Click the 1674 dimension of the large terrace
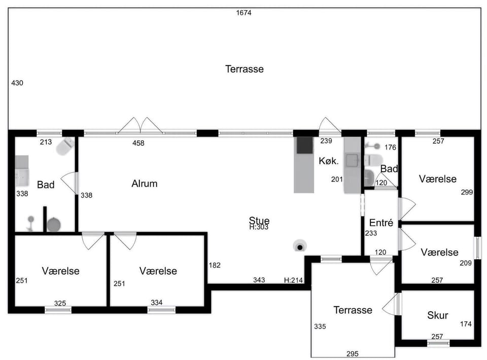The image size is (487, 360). point(244,13)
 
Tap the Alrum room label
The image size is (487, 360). point(145,184)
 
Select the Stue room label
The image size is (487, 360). point(259,220)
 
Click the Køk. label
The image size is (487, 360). point(329,161)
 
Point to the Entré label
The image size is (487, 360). point(381,222)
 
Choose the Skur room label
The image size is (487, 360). point(438,315)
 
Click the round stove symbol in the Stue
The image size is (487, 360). point(300,246)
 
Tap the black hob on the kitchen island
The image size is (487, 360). point(305,146)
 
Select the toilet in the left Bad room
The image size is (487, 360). point(65,146)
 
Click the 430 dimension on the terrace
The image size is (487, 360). point(17,83)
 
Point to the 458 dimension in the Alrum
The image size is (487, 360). point(138,143)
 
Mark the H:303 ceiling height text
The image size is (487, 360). point(259,227)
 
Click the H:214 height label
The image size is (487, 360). point(294,280)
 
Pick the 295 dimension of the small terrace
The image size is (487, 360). point(353,354)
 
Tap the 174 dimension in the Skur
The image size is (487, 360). point(466,324)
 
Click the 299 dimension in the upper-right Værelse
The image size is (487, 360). point(467,192)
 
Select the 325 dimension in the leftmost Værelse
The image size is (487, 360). point(60,304)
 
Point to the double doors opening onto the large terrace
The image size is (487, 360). point(141,125)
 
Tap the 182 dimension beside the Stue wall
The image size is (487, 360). point(215,266)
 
